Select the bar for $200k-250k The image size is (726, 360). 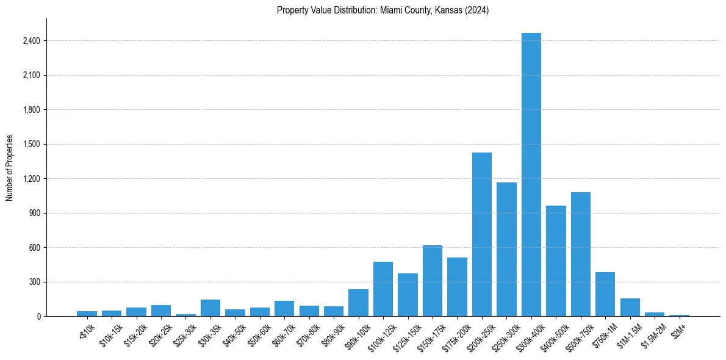481,234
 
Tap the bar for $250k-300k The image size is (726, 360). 506,250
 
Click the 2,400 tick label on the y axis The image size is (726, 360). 31,41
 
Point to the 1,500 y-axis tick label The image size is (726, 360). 31,145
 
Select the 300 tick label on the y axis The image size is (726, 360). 34,283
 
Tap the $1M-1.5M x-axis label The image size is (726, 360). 628,333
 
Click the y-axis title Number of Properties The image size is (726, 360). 9,168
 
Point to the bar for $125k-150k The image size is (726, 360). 408,295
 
